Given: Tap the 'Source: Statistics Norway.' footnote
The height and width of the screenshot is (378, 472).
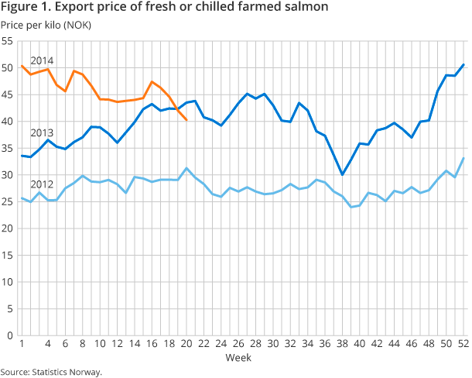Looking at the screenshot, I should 51,372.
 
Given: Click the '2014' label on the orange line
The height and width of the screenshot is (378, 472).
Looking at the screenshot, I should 42,60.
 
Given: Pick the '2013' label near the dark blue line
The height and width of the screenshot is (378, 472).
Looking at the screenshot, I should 42,132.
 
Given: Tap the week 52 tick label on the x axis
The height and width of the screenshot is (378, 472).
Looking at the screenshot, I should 463,344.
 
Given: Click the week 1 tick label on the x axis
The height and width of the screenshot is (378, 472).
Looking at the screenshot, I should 21,344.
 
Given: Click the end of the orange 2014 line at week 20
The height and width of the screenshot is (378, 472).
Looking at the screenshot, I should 186,120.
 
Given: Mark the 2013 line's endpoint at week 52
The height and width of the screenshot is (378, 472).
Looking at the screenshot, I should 463,64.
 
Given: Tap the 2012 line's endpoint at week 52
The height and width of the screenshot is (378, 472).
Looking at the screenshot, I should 463,158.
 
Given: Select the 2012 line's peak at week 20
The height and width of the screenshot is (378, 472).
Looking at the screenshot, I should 186,168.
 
